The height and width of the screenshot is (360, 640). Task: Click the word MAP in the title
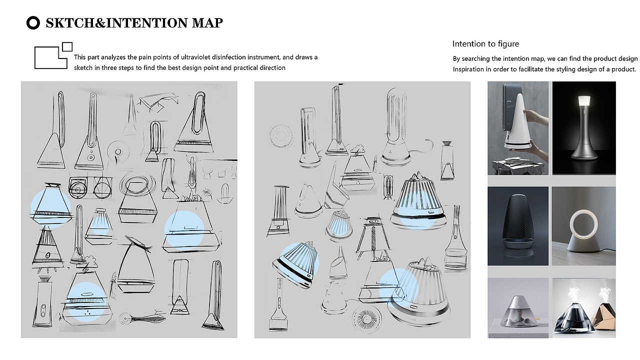pyautogui.click(x=207, y=23)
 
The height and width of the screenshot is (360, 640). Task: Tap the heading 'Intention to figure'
pyautogui.click(x=485, y=43)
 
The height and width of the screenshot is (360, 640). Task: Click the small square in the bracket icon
pyautogui.click(x=67, y=46)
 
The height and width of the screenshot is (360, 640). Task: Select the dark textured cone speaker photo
pyautogui.click(x=518, y=225)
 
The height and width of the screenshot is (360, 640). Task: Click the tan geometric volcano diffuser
pyautogui.click(x=603, y=316)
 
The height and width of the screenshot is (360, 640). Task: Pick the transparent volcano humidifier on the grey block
pyautogui.click(x=517, y=311)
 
